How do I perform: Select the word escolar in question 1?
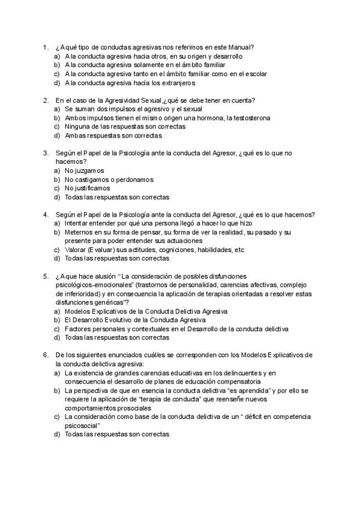pos(254,74)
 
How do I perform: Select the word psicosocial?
pos(79,425)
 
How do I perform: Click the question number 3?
pos(46,153)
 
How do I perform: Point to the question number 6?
pos(46,355)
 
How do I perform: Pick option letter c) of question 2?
pos(56,127)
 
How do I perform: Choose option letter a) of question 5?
pos(56,312)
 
